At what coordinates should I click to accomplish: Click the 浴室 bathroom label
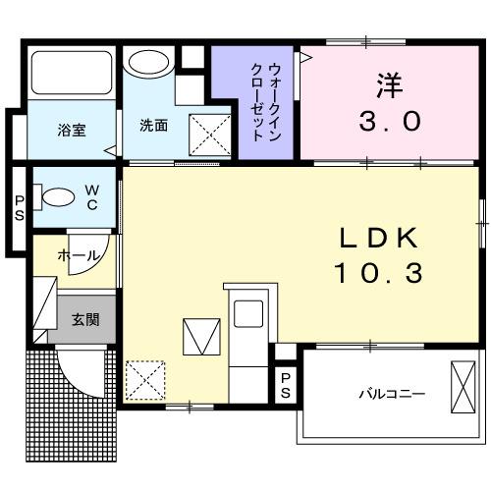point(70,129)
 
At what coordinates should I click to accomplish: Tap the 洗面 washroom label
point(153,125)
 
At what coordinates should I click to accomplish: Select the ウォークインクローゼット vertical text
point(264,101)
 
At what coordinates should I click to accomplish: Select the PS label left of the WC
point(19,208)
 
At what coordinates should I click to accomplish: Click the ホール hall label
point(79,255)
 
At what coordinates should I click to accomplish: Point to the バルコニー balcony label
point(391,394)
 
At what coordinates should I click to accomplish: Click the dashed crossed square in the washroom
point(208,133)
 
